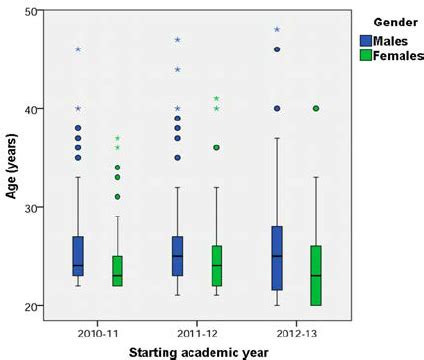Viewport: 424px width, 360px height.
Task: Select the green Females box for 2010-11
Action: coord(116,270)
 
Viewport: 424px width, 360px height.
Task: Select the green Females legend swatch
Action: coord(367,55)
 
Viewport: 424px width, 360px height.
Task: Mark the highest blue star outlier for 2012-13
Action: coord(277,30)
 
